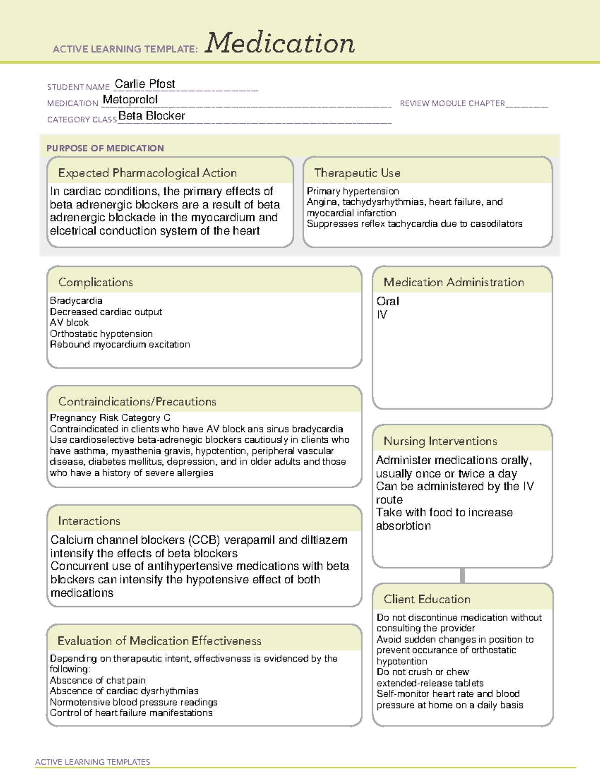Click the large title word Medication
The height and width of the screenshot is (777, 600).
click(280, 43)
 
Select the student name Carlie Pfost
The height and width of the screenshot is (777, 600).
click(145, 84)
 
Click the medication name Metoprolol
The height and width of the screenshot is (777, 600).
click(130, 100)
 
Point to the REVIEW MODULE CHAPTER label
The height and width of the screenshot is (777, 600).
click(452, 103)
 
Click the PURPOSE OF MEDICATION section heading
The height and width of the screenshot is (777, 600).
click(105, 148)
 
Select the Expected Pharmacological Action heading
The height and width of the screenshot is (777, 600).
click(147, 173)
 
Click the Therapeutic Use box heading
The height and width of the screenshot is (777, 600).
click(357, 173)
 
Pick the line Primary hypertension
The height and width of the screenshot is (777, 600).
click(353, 191)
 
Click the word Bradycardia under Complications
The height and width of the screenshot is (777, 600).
click(76, 301)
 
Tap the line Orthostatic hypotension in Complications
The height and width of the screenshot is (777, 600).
click(101, 334)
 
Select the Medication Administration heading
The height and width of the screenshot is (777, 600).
click(454, 282)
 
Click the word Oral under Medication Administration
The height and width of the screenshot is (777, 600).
click(388, 301)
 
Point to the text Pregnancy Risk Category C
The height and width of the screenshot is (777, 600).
click(110, 418)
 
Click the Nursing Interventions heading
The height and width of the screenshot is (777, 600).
click(440, 441)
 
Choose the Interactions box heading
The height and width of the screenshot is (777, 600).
click(89, 521)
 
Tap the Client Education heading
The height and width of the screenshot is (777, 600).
click(427, 599)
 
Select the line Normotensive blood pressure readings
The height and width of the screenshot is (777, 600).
click(134, 702)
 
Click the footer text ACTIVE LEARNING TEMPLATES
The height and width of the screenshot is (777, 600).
click(93, 762)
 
